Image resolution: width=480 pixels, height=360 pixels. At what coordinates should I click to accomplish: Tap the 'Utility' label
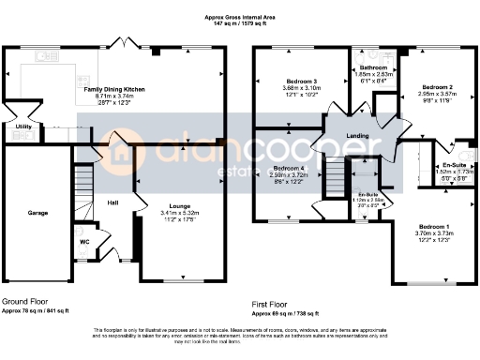coord(23,126)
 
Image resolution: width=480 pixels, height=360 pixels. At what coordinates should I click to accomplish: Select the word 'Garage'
coord(37,213)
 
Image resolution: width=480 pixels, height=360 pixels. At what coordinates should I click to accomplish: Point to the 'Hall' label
coord(112,202)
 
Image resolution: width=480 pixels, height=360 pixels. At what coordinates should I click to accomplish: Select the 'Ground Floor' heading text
coord(25,301)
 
